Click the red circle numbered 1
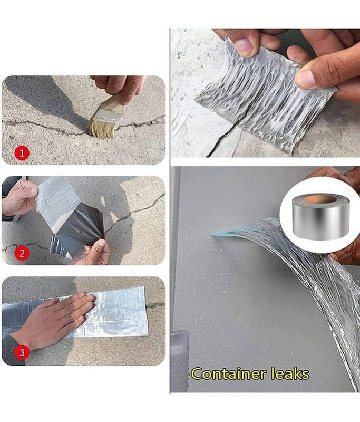(22, 153)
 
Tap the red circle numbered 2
(22, 253)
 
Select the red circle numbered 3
(22, 352)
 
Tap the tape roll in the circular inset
(320, 217)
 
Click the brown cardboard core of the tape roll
(319, 199)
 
